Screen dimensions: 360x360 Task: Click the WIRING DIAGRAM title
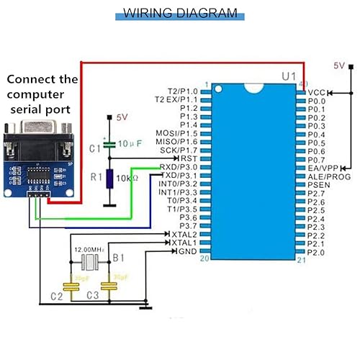[x=179, y=13]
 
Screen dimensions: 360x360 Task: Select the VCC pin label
[x=317, y=93]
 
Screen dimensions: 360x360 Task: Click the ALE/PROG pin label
[x=328, y=176]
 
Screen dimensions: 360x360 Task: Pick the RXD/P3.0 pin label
[x=177, y=167]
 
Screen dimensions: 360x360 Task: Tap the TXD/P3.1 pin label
[x=177, y=176]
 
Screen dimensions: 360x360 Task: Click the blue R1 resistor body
[x=109, y=179]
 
